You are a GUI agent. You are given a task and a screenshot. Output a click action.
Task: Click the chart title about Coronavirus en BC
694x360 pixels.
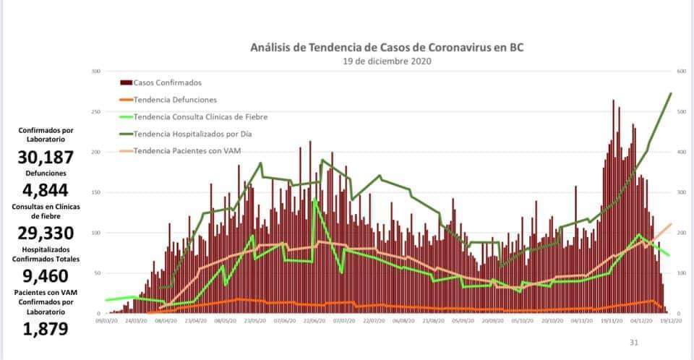(387, 48)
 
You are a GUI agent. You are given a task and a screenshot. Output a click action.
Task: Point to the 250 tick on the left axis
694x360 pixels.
(95, 112)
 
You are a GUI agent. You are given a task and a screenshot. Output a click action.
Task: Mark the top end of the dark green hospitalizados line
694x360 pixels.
(672, 93)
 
